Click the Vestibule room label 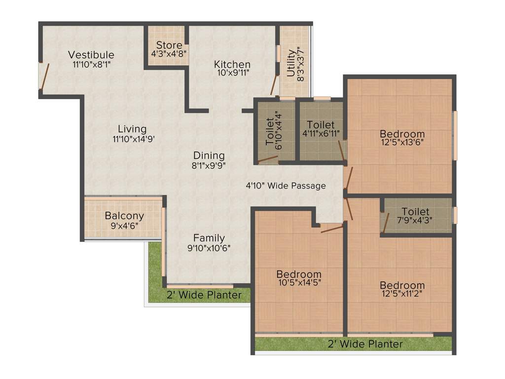(91, 55)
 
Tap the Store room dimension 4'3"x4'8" (169, 54)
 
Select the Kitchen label (232, 65)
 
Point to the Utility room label (290, 63)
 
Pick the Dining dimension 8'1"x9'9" (209, 165)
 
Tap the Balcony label (124, 216)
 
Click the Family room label (209, 238)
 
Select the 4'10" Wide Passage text (286, 186)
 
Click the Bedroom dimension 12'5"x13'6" (402, 143)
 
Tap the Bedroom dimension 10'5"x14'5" (299, 283)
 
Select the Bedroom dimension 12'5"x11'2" (402, 294)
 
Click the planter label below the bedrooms (365, 344)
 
